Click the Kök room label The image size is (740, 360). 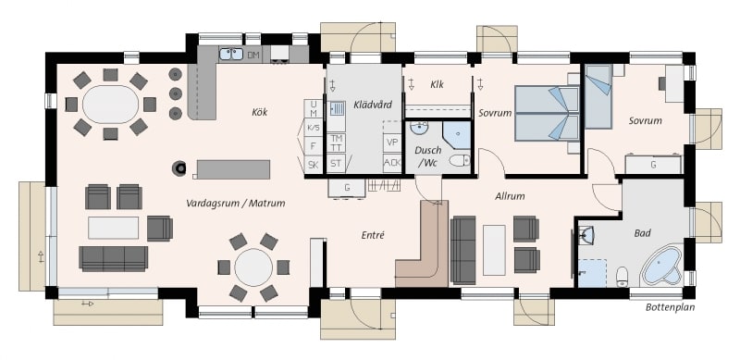pos(260,112)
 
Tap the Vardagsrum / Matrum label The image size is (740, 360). pos(236,204)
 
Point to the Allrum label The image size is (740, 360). pos(510,196)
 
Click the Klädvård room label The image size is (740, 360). pos(373,105)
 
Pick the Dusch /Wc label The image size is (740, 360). pos(428,156)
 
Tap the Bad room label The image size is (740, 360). pos(642,233)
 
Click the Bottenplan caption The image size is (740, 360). pos(670,307)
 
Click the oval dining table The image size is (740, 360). pos(111,105)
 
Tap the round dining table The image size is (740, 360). pos(253,267)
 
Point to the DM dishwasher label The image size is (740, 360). pos(253,56)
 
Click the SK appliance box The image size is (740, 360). pos(313,165)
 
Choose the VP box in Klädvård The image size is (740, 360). pos(391,143)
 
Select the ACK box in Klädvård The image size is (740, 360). pos(391,163)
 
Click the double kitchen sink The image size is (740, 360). pos(231,54)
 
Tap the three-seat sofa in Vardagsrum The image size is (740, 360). pos(113,258)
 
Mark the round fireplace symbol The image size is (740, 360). pos(179,168)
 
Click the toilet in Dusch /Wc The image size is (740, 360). pos(460,161)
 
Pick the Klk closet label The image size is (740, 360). pos(437,85)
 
